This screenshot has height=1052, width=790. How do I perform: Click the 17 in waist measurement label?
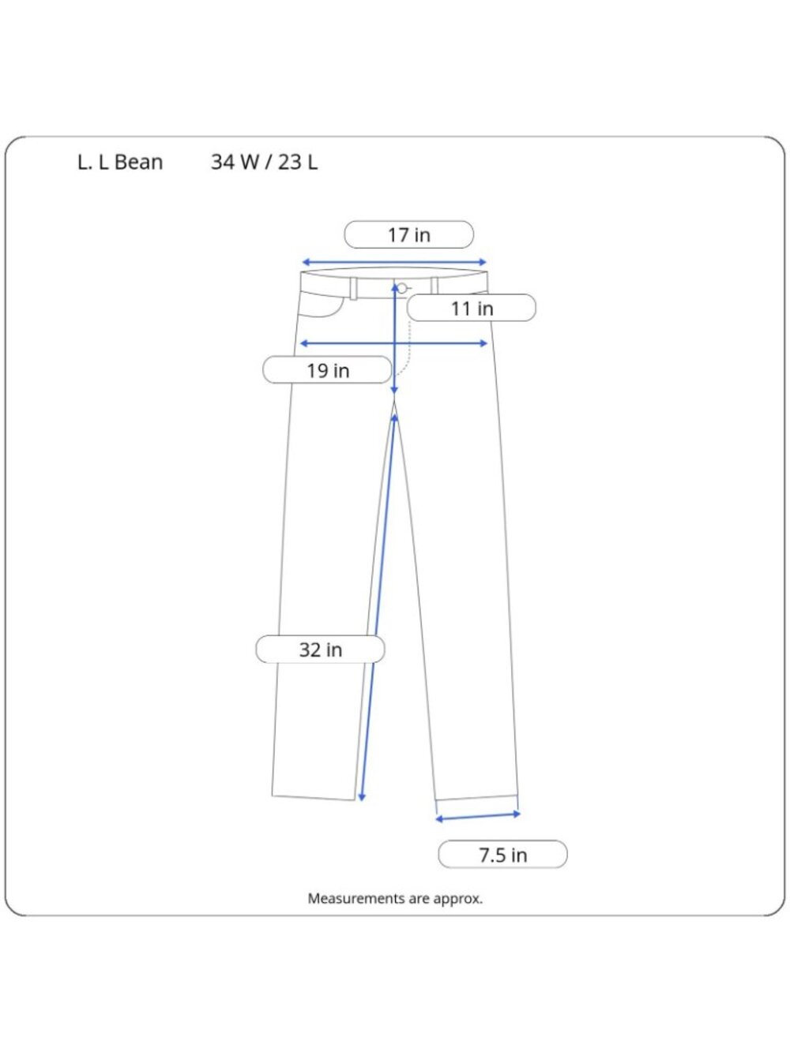coord(408,235)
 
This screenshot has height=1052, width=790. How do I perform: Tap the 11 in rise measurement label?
coord(472,308)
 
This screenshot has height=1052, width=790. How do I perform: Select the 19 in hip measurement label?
coord(328,370)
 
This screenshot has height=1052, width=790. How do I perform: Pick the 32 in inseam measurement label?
coord(321,650)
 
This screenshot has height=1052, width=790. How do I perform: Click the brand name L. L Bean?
coord(120,162)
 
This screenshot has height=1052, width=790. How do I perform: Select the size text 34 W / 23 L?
coord(265,162)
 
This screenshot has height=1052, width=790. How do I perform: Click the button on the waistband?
coord(402,288)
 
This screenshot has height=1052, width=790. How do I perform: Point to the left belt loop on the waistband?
coord(353,289)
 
